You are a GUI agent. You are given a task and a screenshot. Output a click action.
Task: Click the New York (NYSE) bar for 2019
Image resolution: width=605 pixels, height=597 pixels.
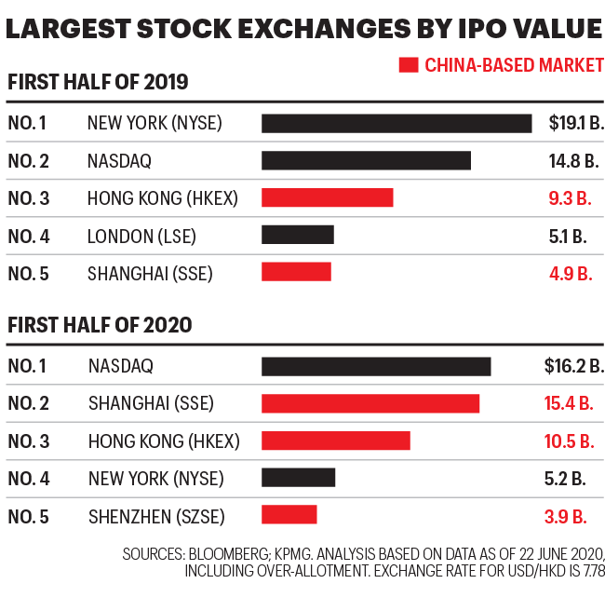pos(397,123)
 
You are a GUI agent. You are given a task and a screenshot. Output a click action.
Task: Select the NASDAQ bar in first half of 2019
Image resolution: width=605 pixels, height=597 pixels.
pos(366,160)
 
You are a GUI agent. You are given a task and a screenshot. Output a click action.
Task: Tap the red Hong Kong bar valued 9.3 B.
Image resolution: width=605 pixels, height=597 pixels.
pos(327,197)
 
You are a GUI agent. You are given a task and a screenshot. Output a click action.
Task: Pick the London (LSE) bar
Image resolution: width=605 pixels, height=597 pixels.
pos(297,235)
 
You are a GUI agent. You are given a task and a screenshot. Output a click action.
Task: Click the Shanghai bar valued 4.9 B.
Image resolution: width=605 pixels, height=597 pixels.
pos(296,272)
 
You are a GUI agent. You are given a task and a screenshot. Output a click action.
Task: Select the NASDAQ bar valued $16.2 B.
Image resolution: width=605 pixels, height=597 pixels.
pos(376,366)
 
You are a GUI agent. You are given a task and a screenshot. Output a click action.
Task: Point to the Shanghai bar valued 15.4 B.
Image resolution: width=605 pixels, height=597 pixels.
pos(370,403)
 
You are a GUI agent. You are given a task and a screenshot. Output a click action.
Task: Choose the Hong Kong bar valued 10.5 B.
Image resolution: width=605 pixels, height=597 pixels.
pos(335,441)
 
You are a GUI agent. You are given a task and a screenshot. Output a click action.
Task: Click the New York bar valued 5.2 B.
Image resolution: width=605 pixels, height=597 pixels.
pos(298,478)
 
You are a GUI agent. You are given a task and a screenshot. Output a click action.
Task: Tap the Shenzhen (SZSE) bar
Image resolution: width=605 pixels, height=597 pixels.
pos(289,515)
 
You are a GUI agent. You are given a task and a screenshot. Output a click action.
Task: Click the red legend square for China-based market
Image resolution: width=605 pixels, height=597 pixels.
pos(408,65)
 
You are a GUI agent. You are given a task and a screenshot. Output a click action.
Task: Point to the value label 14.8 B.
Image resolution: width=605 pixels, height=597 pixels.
pos(572,160)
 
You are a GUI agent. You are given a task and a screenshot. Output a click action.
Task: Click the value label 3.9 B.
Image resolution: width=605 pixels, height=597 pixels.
pos(571,515)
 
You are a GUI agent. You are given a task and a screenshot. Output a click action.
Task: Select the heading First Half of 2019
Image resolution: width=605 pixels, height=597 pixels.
pos(98,82)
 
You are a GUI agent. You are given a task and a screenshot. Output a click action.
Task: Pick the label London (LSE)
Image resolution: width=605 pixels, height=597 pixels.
pos(141,236)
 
